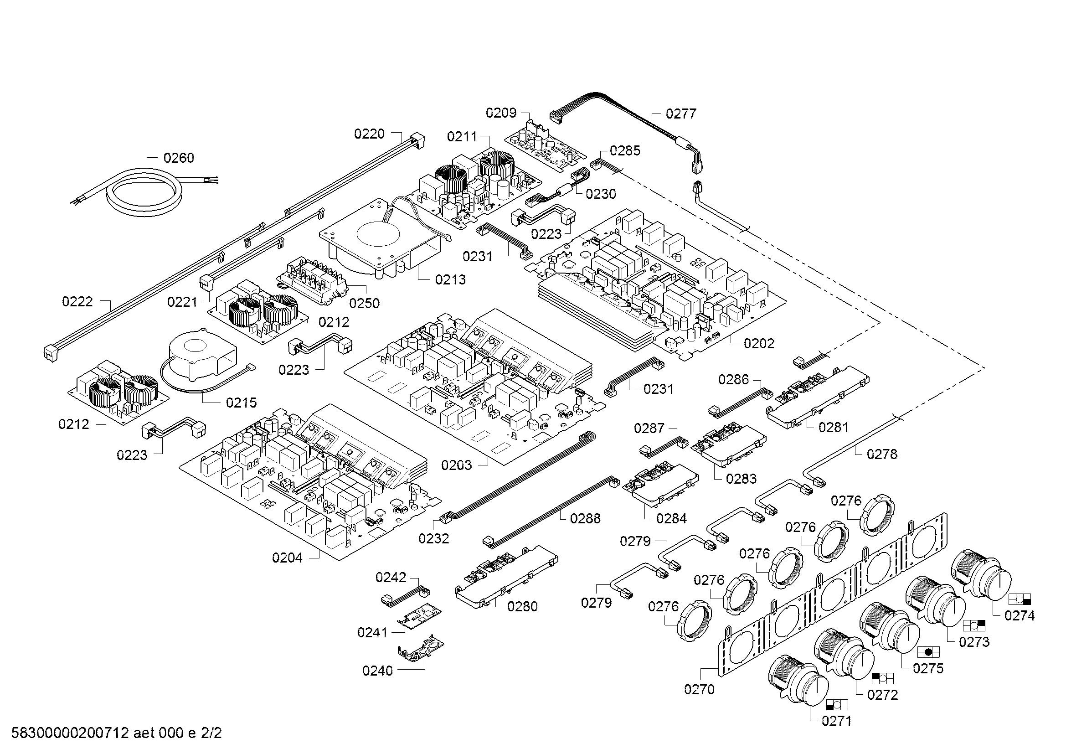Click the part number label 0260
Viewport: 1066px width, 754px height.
179,158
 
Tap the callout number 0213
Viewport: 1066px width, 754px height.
450,279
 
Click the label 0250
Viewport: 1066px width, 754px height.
365,303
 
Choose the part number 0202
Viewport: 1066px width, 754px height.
759,344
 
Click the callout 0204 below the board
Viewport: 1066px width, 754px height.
288,558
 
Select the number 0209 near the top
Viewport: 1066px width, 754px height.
501,113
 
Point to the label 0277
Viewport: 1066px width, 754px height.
681,114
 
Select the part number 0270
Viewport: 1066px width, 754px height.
699,689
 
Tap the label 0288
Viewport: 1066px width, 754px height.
586,518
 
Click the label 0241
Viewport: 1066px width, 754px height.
372,632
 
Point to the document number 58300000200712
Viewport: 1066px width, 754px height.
70,733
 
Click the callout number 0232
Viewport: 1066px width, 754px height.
433,538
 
